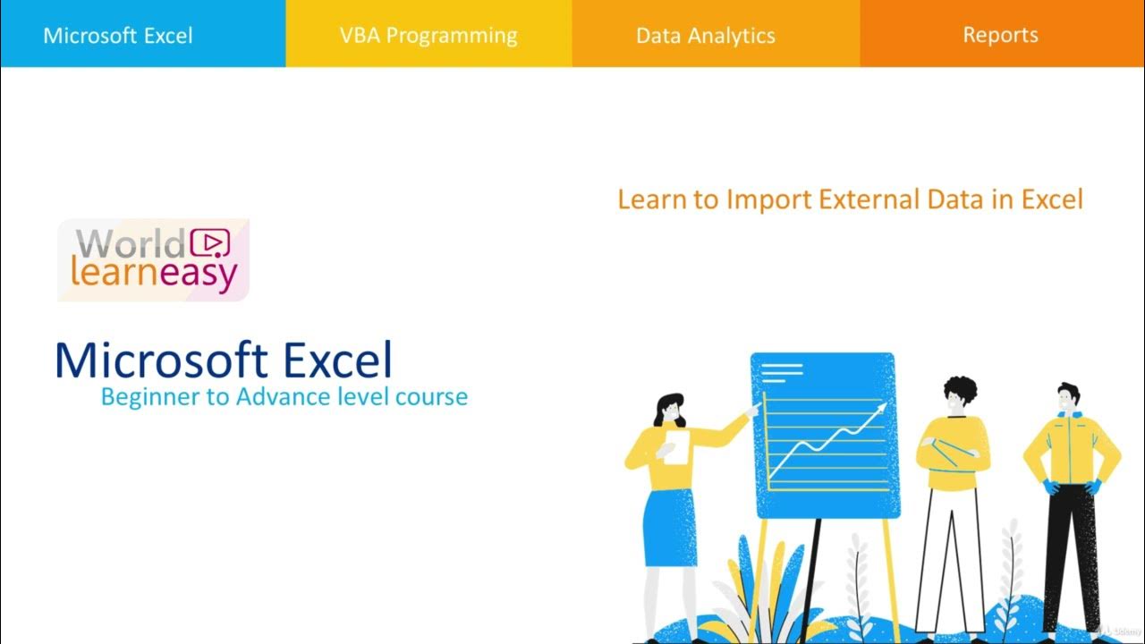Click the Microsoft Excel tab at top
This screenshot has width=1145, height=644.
[118, 36]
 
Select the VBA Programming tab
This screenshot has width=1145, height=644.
[428, 36]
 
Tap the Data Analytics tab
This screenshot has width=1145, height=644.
[705, 36]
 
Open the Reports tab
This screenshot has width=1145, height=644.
[1000, 35]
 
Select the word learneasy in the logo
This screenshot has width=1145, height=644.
[153, 273]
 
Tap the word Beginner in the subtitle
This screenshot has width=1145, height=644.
[151, 396]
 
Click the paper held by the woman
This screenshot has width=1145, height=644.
[677, 447]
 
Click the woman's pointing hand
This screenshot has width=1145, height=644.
[753, 410]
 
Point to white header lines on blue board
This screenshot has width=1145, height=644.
[782, 370]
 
